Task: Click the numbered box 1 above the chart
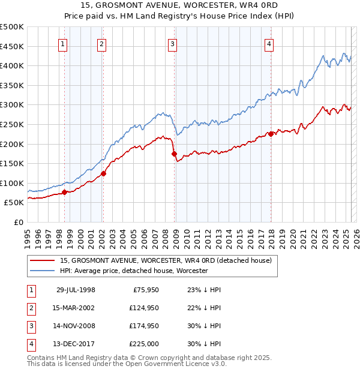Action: point(63,43)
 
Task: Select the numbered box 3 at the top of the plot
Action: point(172,43)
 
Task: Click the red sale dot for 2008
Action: point(175,154)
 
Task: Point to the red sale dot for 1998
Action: point(65,193)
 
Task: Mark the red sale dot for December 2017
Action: point(271,134)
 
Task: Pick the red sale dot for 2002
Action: point(103,173)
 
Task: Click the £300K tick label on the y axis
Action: point(12,105)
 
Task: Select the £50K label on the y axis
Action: point(14,203)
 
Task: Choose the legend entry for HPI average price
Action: point(133,271)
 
